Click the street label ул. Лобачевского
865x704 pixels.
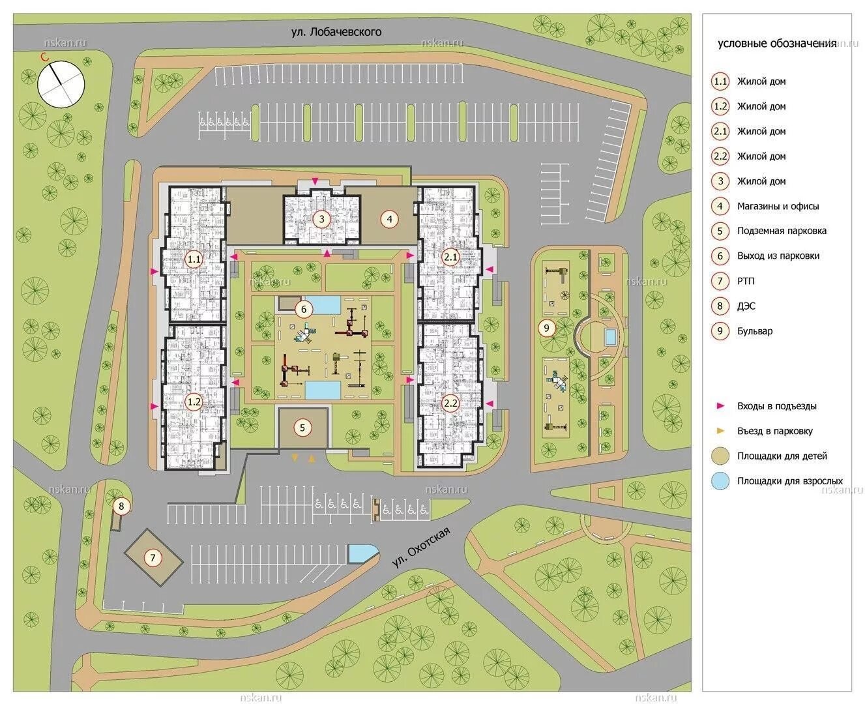pos(336,32)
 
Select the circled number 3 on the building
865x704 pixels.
pos(321,219)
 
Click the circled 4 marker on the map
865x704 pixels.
pos(389,219)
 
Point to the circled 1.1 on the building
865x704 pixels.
pos(194,259)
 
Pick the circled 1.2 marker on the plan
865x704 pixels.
pos(194,402)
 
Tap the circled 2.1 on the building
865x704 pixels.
pos(450,257)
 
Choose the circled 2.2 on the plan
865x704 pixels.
pos(450,403)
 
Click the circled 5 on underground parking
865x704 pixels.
pos(302,427)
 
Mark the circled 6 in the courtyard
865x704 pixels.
pos(303,310)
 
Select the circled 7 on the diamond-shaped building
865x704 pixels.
pos(153,557)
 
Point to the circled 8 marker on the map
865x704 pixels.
pos(121,506)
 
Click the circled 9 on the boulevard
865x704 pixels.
pos(546,328)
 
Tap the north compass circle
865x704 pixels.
pos(61,84)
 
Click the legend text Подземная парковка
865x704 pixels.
pos(782,231)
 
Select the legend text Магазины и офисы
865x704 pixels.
pos(778,206)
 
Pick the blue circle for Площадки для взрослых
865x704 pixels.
pos(720,480)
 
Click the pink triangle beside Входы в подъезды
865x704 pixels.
pos(720,405)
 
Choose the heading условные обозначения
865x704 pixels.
pos(777,44)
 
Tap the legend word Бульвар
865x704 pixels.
pos(755,331)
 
